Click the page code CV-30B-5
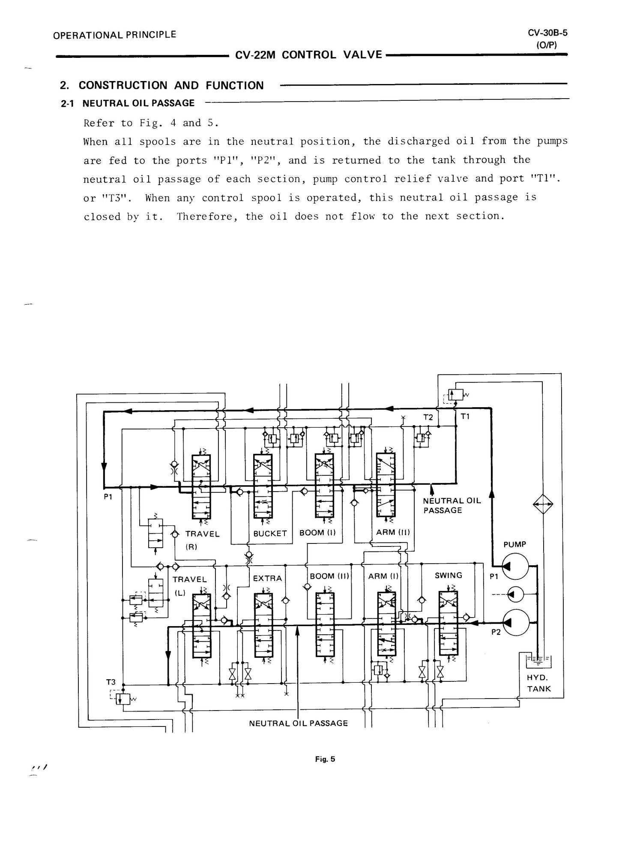[547, 33]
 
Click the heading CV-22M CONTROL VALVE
[308, 55]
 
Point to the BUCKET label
[269, 534]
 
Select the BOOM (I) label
[317, 533]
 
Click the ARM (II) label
[393, 532]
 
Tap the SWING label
[448, 576]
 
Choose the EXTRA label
[267, 579]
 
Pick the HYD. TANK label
[538, 683]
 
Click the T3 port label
[111, 682]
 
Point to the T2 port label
[428, 417]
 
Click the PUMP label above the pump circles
[514, 544]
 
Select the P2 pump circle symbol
[515, 623]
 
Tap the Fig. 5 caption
[325, 759]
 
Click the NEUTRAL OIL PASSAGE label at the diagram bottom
[298, 723]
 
